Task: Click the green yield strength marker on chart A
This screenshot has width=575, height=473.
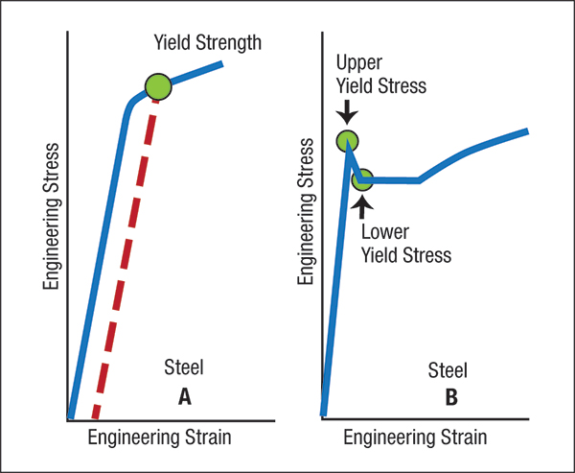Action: [158, 86]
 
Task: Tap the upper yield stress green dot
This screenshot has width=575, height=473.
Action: [347, 141]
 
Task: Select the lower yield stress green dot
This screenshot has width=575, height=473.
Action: [362, 179]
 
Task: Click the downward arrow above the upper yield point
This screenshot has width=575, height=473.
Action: [347, 112]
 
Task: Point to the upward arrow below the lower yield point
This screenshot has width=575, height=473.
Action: [362, 206]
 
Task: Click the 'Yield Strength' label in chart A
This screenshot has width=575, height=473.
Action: [208, 43]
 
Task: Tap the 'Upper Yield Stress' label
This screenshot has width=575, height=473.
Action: [381, 75]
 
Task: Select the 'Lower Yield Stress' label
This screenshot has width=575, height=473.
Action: [406, 244]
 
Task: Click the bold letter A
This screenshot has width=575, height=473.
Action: [184, 397]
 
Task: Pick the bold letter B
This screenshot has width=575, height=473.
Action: [451, 397]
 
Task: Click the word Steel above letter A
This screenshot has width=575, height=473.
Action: [184, 367]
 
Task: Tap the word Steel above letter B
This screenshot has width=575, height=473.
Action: [448, 370]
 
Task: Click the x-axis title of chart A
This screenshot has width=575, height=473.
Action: [159, 438]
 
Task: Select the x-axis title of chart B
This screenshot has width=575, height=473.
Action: [415, 438]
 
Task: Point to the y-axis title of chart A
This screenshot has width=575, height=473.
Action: [51, 217]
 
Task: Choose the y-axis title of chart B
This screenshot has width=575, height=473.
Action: [306, 212]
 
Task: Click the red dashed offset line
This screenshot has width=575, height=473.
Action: [126, 259]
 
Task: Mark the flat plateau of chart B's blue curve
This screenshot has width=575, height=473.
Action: [390, 180]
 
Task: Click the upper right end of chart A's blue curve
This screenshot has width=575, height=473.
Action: [222, 64]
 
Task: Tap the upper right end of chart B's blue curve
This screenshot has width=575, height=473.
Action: [527, 131]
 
